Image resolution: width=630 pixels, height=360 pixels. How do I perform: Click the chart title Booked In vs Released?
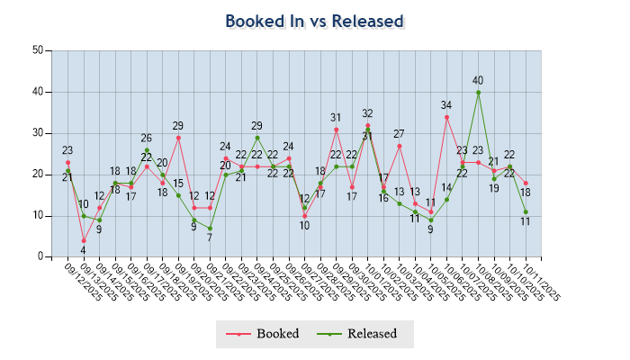[x=314, y=21]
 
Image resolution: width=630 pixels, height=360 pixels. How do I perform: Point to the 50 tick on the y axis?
[x=38, y=50]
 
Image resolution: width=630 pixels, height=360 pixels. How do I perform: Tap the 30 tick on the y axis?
[x=38, y=133]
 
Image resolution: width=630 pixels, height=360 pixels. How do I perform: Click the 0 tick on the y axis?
[x=40, y=257]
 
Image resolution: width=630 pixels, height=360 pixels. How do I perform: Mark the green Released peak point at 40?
[x=478, y=92]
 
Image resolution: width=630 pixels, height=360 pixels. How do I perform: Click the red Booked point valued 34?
[x=446, y=117]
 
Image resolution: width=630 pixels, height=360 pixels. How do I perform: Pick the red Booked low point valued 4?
[x=84, y=240]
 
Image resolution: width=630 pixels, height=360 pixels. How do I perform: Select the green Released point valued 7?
[x=210, y=229]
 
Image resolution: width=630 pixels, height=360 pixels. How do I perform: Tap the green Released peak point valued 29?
[x=257, y=138]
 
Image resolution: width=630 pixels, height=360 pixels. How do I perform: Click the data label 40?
[x=478, y=80]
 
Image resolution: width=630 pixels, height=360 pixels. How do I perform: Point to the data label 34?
[x=446, y=105]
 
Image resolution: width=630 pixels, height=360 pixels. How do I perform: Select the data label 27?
[x=399, y=134]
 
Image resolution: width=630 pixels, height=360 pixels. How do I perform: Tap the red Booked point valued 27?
[x=399, y=146]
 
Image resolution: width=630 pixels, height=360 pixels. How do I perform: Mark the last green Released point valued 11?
[x=526, y=212]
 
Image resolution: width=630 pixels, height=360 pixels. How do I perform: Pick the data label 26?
[x=146, y=139]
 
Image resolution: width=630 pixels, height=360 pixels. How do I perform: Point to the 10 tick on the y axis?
[x=38, y=216]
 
